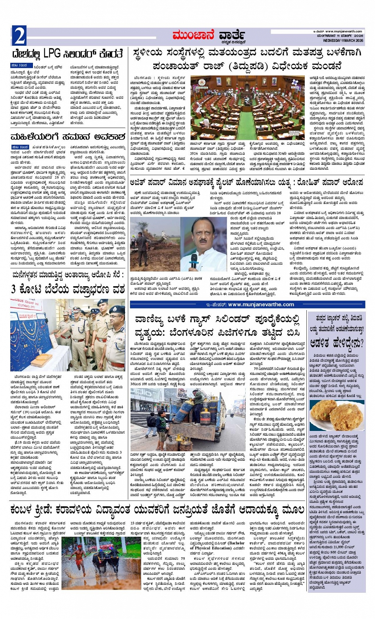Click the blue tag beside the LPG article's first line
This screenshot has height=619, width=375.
coord(19,65)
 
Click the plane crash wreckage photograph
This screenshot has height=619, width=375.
coord(155,244)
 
